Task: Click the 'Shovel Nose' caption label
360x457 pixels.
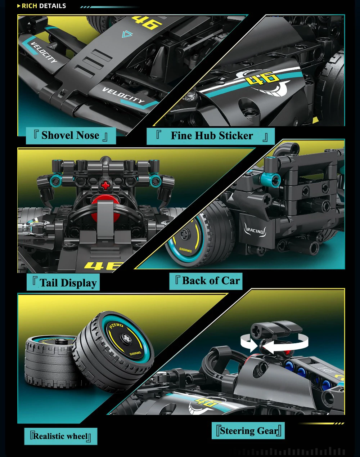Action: [x=71, y=135]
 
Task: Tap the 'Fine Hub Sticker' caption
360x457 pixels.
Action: [x=211, y=136]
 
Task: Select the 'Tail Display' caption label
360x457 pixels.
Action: [x=63, y=282]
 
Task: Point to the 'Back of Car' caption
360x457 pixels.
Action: [x=206, y=281]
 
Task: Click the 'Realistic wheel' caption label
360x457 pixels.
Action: [x=61, y=436]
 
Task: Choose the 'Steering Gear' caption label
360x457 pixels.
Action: [x=248, y=431]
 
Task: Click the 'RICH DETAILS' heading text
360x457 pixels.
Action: [x=44, y=6]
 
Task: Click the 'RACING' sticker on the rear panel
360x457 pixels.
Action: [x=255, y=230]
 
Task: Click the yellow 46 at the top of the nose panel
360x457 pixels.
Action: [x=147, y=22]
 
